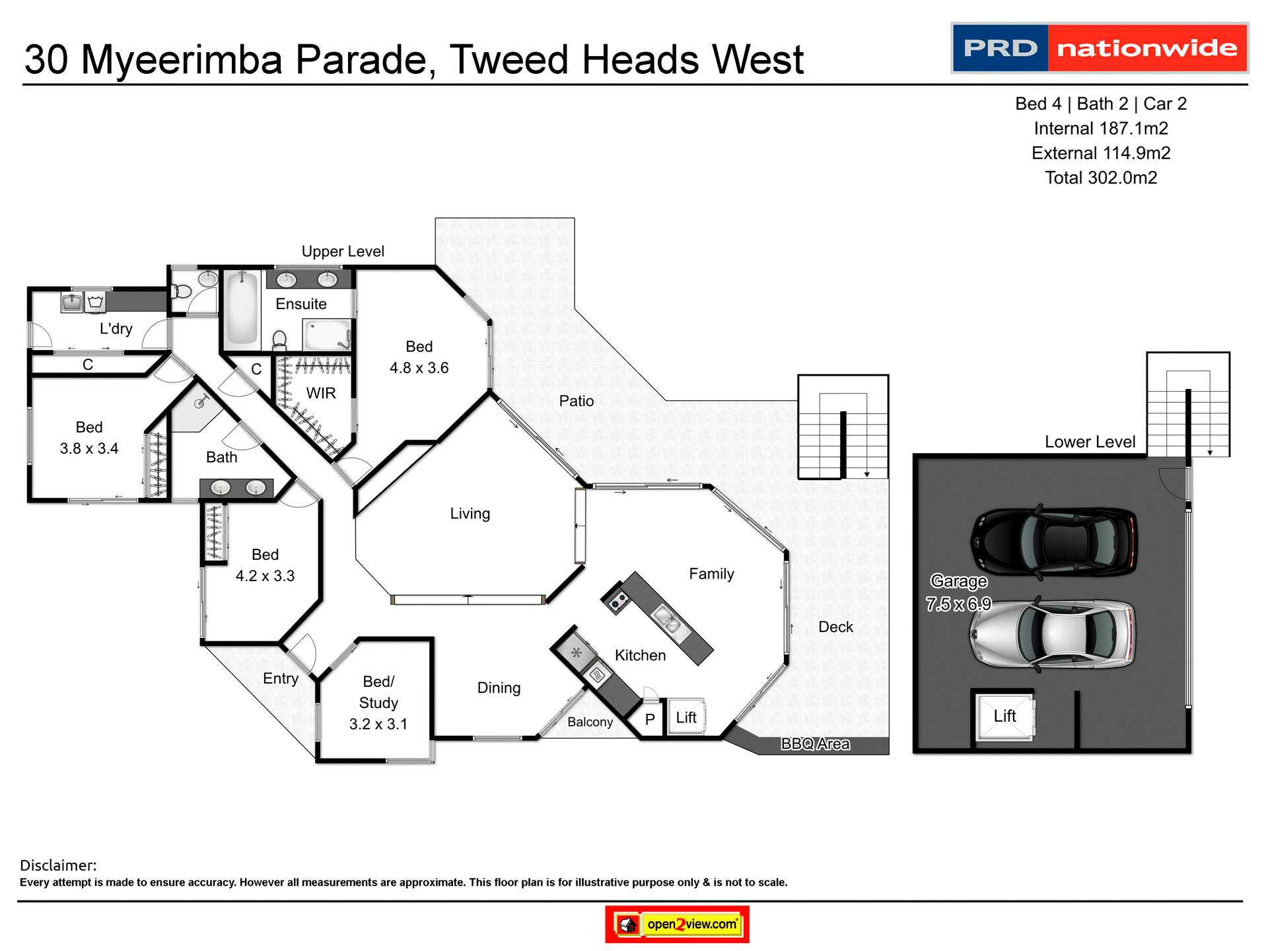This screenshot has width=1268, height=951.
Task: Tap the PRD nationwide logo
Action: click(x=1100, y=48)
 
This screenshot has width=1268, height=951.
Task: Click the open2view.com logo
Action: click(x=678, y=924)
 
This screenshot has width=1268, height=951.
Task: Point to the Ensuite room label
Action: click(x=301, y=304)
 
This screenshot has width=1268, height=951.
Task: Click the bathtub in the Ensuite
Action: click(x=242, y=308)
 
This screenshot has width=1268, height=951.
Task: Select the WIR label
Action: click(x=321, y=393)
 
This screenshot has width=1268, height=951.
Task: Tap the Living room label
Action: click(x=470, y=513)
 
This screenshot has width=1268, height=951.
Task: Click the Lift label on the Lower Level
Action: click(x=1004, y=716)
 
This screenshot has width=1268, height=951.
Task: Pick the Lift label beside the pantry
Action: click(x=686, y=717)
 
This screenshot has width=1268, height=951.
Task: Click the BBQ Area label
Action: click(x=815, y=744)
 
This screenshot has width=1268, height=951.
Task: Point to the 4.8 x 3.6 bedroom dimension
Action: click(x=419, y=368)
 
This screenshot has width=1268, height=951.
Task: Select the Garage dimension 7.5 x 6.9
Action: click(x=958, y=604)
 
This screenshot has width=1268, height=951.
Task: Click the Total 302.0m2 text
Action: click(x=1101, y=178)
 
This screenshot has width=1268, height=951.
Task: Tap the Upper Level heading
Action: click(x=343, y=252)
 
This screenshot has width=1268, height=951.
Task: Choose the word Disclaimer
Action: click(x=58, y=865)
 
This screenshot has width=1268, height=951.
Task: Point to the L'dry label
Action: click(x=116, y=329)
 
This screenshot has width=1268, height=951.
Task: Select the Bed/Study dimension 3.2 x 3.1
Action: click(x=378, y=724)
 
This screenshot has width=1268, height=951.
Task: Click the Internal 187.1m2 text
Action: click(x=1101, y=128)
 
